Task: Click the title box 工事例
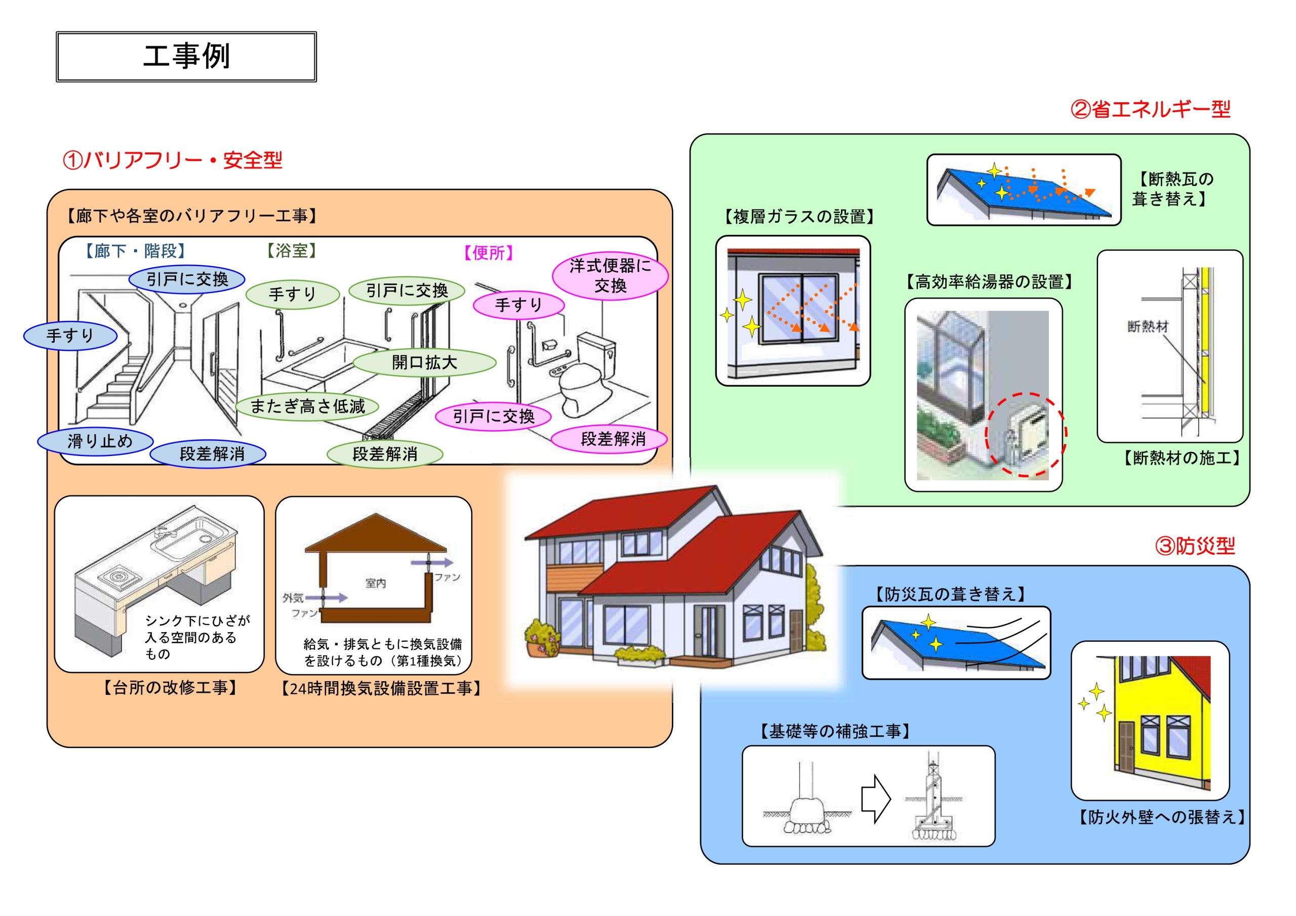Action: tap(186, 57)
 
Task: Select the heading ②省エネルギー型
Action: tap(1150, 109)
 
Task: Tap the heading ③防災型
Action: tap(1195, 546)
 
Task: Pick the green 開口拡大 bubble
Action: tap(424, 362)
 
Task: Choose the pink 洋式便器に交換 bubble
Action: tap(610, 275)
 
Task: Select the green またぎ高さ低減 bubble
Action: tap(307, 406)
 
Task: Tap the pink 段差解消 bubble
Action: tap(609, 439)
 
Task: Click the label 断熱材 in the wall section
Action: tap(1148, 326)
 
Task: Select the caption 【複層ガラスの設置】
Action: tap(799, 217)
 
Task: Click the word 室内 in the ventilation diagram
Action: tap(375, 583)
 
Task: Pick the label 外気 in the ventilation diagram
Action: tap(293, 598)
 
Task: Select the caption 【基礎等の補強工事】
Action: tap(834, 732)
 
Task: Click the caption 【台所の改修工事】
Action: tap(169, 687)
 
